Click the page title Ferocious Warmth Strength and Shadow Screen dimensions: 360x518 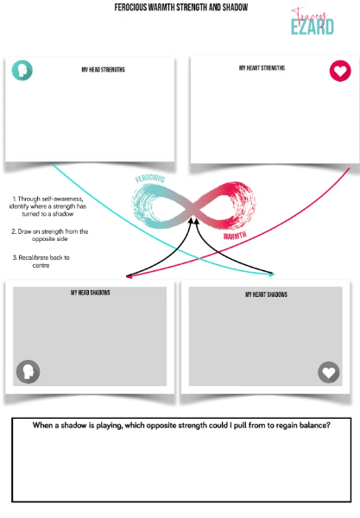181,7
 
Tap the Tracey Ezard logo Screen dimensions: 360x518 313,22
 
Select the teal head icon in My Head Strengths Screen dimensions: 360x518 22,70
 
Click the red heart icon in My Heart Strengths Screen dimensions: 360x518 340,71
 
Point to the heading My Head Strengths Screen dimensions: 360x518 104,69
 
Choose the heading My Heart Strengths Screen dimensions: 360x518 262,67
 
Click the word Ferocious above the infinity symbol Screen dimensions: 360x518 150,179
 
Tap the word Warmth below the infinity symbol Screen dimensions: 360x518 235,235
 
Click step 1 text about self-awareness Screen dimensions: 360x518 47,206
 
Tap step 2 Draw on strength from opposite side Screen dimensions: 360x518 50,235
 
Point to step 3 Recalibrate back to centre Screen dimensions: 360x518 41,261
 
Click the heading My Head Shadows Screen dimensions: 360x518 91,293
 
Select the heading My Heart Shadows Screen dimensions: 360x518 266,294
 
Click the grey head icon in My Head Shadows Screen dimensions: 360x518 28,371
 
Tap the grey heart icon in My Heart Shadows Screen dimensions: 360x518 329,372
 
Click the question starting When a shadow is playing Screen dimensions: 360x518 181,426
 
